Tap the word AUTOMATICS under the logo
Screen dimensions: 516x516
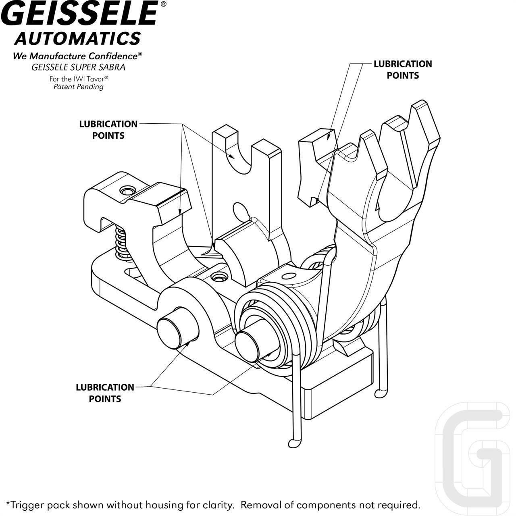pos(77,39)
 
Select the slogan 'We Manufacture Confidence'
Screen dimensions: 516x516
pos(76,56)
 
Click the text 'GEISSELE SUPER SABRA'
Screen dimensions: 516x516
pos(79,67)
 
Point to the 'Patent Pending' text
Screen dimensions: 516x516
pos(79,87)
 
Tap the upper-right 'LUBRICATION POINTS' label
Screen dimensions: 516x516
pos(402,69)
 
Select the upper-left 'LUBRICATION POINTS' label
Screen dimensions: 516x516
pos(108,129)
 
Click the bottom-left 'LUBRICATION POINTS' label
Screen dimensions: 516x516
pos(105,393)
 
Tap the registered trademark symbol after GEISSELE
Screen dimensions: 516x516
pos(163,4)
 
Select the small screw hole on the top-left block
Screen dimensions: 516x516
pos(128,189)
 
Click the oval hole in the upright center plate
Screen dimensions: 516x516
pos(241,211)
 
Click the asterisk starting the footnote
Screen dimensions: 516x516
pos(8,503)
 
